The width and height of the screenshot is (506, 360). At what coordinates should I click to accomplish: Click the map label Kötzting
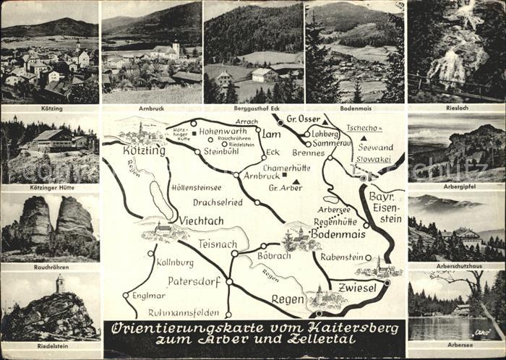144,151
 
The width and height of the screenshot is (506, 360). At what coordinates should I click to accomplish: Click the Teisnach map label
218,244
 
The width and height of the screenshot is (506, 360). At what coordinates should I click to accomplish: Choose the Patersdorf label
192,280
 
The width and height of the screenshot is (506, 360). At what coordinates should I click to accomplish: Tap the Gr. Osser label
303,119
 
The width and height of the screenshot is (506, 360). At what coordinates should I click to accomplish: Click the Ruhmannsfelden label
184,313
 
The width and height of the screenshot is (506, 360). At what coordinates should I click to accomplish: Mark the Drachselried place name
207,202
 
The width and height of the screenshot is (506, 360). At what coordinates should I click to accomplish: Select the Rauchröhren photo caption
50,267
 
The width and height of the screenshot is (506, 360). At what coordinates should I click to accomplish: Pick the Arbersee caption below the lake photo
455,345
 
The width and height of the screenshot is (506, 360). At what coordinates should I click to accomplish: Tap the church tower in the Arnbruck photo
176,48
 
